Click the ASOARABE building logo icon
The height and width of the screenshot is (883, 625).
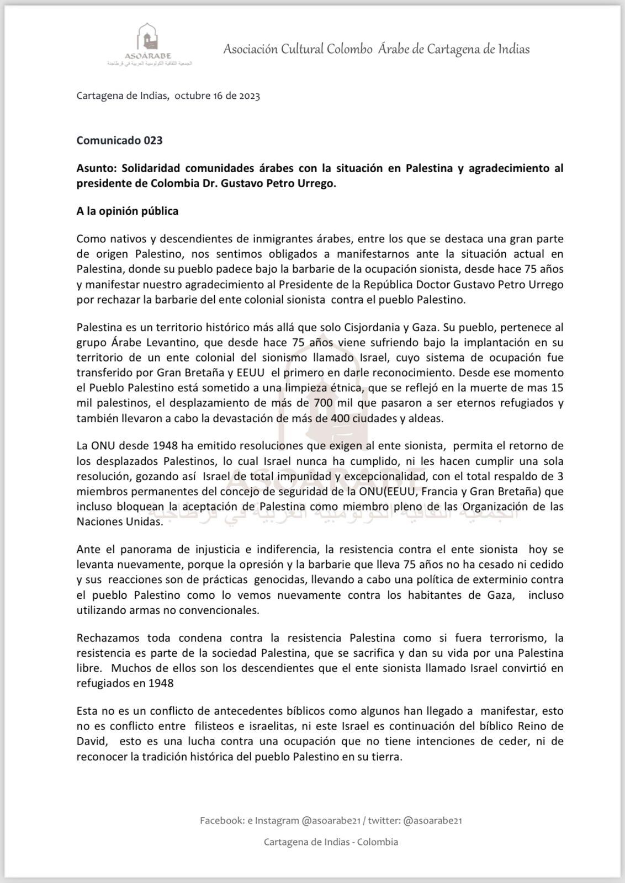click(x=147, y=37)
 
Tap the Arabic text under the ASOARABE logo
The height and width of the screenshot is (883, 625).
click(x=149, y=63)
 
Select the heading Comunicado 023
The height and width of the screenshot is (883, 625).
click(x=119, y=140)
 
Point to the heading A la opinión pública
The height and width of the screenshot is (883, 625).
click(x=127, y=211)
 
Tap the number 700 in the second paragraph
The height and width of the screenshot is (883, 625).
click(x=323, y=403)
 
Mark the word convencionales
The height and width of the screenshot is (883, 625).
click(x=224, y=610)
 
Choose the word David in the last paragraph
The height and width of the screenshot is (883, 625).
click(x=91, y=741)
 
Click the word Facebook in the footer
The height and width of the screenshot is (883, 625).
click(x=221, y=821)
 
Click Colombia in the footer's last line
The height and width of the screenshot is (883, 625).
click(x=378, y=842)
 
